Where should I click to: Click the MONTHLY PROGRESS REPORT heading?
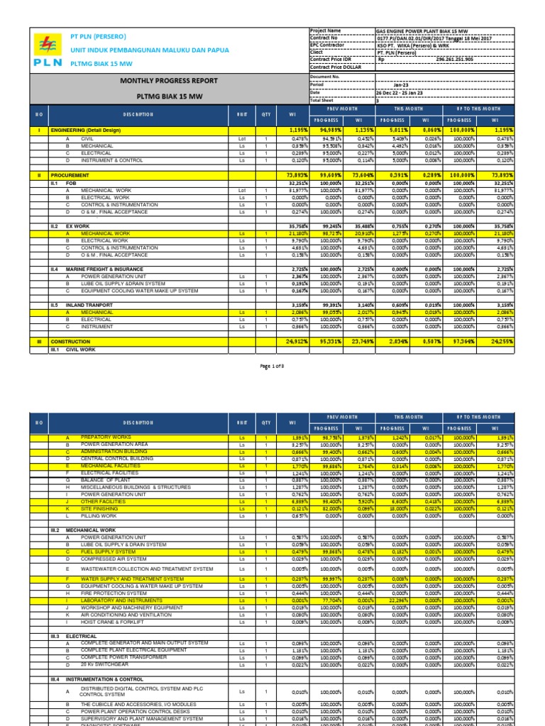click(x=169, y=82)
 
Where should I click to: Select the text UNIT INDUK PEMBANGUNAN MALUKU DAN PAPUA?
click(x=149, y=49)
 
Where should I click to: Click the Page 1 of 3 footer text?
click(x=272, y=365)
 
